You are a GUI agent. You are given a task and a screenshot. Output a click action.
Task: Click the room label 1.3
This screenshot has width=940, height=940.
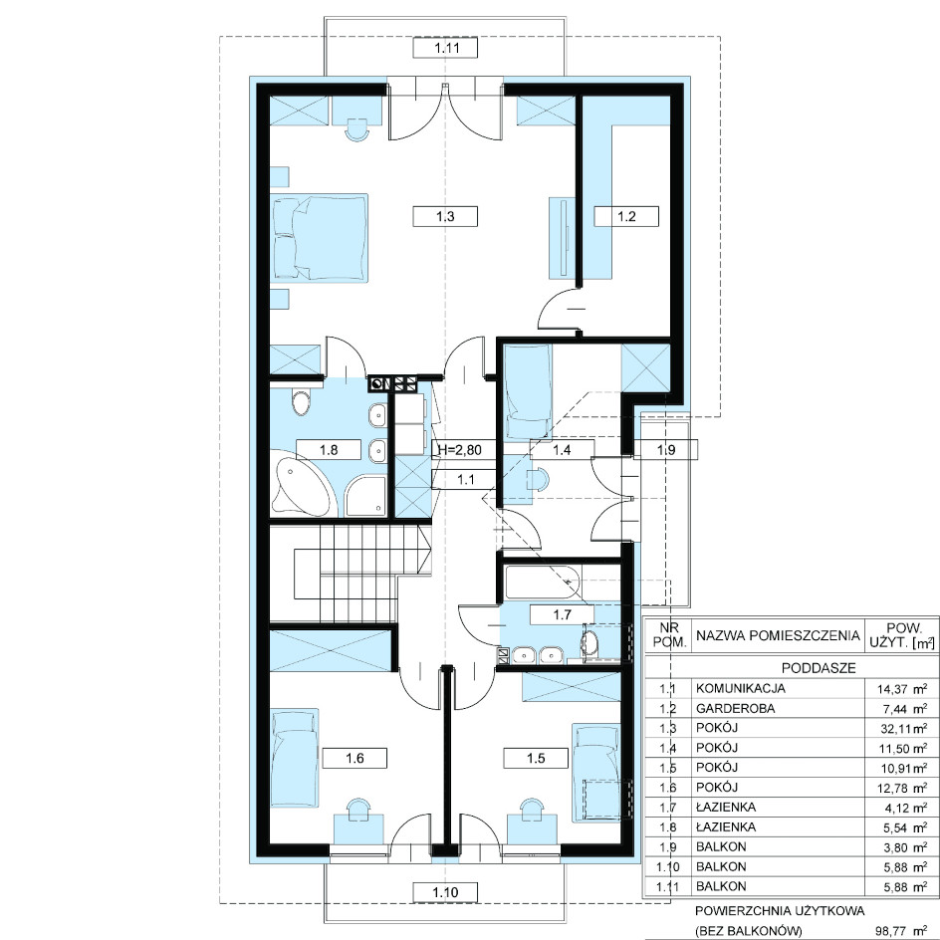[x=445, y=216]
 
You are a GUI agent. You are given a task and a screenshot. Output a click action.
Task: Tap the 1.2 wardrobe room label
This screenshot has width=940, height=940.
[x=626, y=216]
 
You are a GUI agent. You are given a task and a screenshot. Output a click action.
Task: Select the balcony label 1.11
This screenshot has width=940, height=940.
[x=445, y=48]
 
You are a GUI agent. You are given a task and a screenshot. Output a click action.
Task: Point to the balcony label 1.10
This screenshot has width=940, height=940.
[x=445, y=892]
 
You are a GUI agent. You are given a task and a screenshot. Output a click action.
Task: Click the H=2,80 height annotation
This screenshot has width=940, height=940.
[x=460, y=449]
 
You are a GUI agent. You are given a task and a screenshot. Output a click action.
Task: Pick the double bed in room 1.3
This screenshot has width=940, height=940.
[x=320, y=237]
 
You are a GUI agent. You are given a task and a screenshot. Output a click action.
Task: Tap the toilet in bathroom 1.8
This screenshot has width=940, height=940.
[x=300, y=403]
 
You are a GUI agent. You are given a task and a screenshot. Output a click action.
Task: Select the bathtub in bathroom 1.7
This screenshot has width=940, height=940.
[x=541, y=581]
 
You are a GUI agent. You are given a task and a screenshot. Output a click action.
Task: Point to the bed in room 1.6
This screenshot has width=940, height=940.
[x=295, y=759]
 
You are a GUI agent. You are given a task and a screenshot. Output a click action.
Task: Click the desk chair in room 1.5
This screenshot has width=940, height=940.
[x=532, y=806]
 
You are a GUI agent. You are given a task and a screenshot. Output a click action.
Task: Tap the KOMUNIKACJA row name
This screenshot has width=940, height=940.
[x=741, y=689]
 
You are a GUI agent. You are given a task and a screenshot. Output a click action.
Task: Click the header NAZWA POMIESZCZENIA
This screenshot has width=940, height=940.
[x=778, y=636]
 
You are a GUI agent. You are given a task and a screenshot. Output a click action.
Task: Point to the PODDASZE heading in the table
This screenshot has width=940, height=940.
[x=819, y=668]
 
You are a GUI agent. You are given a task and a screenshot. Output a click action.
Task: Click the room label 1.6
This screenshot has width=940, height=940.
[x=354, y=759]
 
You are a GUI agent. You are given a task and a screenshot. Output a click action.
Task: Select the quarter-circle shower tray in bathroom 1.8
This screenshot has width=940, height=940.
[x=364, y=496]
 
